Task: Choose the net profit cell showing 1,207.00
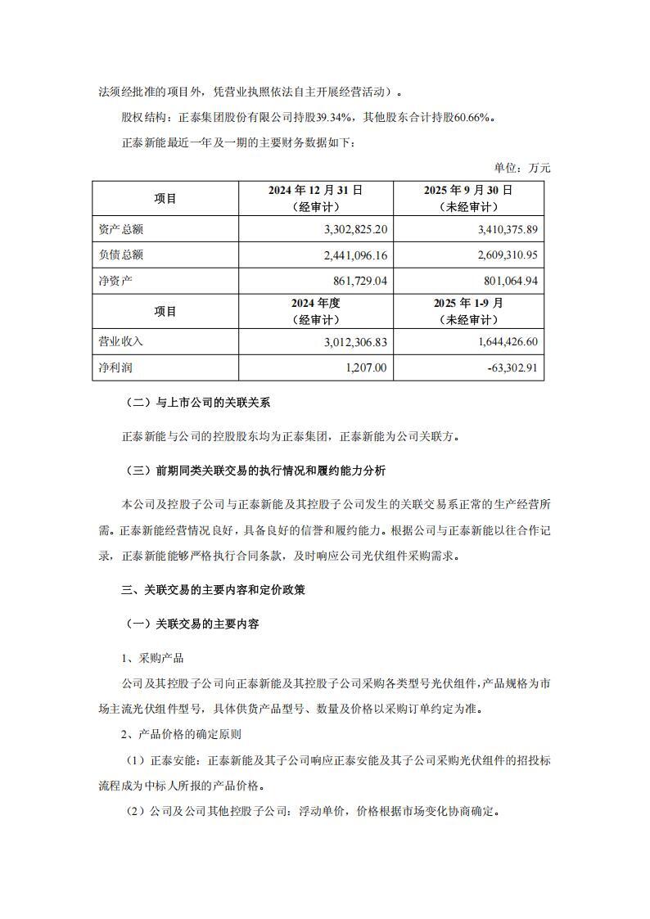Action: pyautogui.click(x=365, y=368)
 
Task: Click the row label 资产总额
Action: pyautogui.click(x=120, y=228)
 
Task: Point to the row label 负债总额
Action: pyautogui.click(x=120, y=255)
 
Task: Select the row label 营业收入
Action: pyautogui.click(x=120, y=341)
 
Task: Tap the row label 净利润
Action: pyautogui.click(x=115, y=368)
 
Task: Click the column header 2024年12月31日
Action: pyautogui.click(x=315, y=190)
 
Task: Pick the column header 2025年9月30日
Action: pyautogui.click(x=467, y=190)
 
